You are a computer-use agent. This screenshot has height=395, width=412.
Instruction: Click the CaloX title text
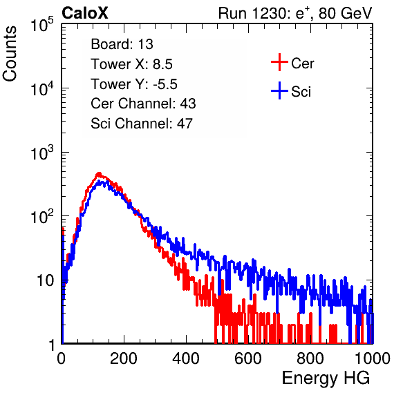point(85,13)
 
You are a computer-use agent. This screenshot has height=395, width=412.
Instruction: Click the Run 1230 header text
point(295,13)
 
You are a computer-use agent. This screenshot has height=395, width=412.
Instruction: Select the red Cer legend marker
point(279,62)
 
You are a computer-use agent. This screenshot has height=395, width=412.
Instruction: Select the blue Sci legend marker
point(279,91)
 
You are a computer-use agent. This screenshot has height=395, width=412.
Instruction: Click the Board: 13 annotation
point(122,44)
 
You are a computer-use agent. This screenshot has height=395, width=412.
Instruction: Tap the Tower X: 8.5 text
point(131,64)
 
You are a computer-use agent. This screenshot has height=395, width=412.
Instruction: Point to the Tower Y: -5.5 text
point(134,84)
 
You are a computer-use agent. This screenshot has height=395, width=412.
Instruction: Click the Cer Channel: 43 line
point(143,104)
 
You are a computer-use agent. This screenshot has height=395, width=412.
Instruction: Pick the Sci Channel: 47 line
point(142,124)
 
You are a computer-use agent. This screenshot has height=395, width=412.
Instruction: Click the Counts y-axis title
point(10,54)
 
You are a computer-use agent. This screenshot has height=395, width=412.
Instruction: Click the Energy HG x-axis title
point(326,378)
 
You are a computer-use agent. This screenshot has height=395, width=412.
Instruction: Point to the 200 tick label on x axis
point(124,358)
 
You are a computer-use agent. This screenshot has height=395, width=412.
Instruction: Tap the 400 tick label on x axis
point(186,358)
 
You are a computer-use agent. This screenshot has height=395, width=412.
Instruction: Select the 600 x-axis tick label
point(248,358)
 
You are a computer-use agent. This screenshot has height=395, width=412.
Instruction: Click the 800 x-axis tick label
point(310,358)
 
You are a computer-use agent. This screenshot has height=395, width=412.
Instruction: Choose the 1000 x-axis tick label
point(373,358)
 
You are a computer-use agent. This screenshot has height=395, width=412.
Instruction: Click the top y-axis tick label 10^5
point(42,24)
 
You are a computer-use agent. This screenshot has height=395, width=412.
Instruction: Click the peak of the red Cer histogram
point(99,173)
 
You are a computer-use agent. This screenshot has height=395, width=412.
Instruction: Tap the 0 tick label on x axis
point(62,358)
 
